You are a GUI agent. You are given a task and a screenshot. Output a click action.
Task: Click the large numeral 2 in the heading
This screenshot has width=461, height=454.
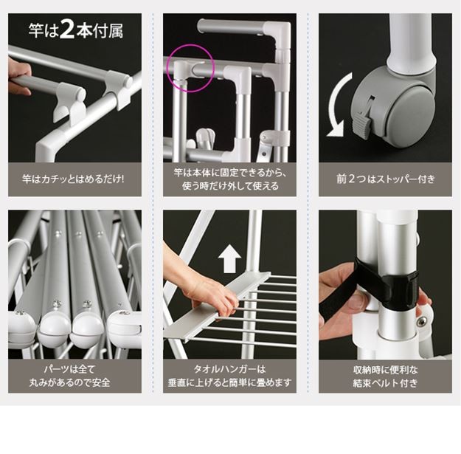coord(67,30)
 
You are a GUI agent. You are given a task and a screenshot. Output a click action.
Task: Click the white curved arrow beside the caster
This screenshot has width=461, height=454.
coord(339,104)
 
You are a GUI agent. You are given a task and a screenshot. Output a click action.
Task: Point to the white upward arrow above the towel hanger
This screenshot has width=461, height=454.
coord(229,259)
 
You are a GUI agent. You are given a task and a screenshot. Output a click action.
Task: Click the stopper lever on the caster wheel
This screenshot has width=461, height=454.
coord(361,125)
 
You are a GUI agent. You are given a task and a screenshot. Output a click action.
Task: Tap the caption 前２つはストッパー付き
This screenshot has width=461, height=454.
coord(385,179)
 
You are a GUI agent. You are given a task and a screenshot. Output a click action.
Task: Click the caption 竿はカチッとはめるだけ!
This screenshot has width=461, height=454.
coord(73,179)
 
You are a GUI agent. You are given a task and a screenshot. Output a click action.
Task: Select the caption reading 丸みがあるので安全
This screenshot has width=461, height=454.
coord(69,382)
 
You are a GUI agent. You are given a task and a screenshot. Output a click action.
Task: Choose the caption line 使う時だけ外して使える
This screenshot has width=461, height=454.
coord(230,186)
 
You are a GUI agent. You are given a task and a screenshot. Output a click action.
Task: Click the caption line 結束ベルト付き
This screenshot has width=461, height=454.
coord(385,383)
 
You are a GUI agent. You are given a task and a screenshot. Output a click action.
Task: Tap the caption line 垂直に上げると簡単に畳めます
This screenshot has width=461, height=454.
coord(230,382)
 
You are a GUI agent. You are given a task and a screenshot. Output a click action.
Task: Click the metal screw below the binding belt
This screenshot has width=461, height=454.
coord(421,322)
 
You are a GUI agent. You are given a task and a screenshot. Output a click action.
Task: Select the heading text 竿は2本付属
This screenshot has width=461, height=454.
coord(75,30)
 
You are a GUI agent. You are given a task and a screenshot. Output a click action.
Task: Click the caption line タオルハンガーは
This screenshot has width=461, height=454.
coord(230,369)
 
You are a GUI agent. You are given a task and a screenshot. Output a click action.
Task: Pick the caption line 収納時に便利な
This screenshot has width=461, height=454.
coord(385,370)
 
